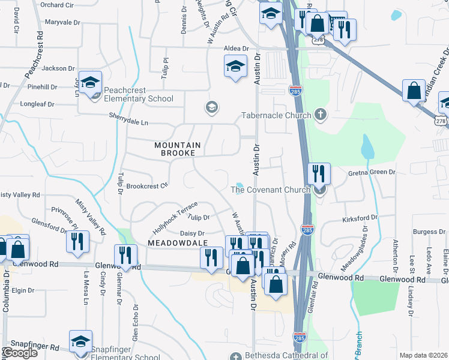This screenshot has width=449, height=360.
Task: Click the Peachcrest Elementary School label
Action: tap(139, 94)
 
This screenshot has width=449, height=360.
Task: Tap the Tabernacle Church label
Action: tap(276, 115)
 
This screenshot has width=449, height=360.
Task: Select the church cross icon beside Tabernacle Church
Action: tap(321, 115)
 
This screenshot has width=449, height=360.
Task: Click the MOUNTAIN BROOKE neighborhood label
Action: tap(175, 149)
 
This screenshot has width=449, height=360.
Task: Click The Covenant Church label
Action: tap(270, 190)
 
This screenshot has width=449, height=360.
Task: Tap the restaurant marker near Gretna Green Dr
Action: tap(319, 173)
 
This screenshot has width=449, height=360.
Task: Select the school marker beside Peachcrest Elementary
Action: tap(90, 82)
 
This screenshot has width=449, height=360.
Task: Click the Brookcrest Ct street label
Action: tap(146, 186)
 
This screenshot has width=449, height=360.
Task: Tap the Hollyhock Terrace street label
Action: tap(175, 217)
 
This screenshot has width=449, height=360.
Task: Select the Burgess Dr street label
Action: tap(429, 232)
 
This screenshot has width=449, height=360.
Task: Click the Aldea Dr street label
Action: tap(236, 48)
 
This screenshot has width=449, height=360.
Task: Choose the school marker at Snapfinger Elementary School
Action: tap(80, 341)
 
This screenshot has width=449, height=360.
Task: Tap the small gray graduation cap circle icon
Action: tap(211, 107)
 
